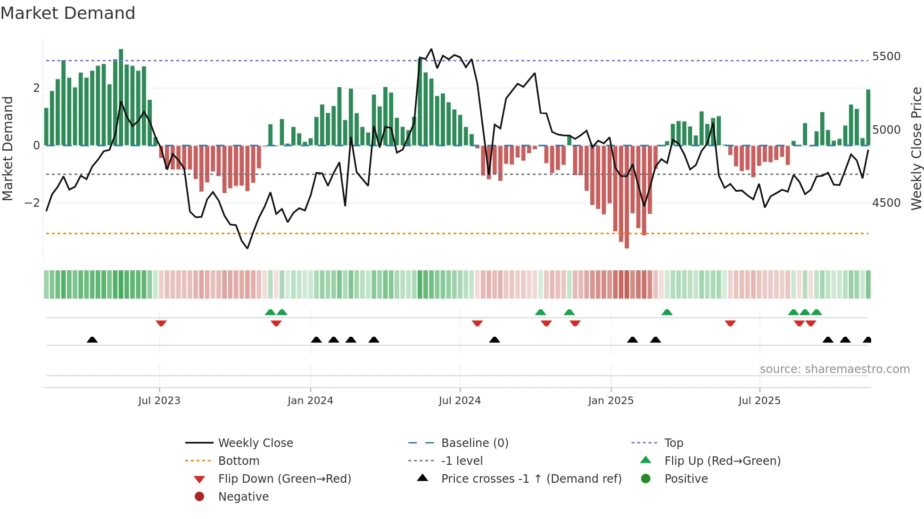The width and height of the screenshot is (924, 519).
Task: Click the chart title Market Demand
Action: pyautogui.click(x=68, y=13)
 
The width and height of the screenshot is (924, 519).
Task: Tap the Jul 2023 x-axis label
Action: pyautogui.click(x=159, y=400)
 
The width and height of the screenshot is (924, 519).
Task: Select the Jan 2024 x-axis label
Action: pyautogui.click(x=310, y=400)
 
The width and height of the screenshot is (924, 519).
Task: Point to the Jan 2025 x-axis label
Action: pyautogui.click(x=610, y=400)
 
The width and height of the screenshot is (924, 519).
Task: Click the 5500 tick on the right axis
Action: pyautogui.click(x=886, y=57)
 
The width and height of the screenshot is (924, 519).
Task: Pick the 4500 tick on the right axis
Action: pyautogui.click(x=886, y=203)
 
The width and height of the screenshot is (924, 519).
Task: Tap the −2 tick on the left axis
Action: pyautogui.click(x=32, y=203)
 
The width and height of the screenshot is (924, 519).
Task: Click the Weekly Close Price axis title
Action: pyautogui.click(x=916, y=148)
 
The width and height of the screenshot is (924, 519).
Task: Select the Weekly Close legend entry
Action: pyautogui.click(x=255, y=443)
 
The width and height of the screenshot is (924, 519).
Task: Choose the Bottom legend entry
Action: pyautogui.click(x=239, y=461)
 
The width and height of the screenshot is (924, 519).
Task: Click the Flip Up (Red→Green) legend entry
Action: pyautogui.click(x=722, y=461)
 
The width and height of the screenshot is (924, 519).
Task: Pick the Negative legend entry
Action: pyautogui.click(x=243, y=496)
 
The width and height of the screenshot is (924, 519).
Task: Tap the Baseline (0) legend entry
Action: pyautogui.click(x=474, y=443)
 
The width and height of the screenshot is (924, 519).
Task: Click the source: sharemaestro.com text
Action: pyautogui.click(x=834, y=369)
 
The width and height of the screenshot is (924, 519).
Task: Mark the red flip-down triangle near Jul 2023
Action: pyautogui.click(x=161, y=323)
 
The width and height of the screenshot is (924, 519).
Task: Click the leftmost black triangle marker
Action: pyautogui.click(x=92, y=340)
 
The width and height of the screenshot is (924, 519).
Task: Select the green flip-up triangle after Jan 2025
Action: pyautogui.click(x=667, y=312)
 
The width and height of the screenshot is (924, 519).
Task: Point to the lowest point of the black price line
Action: pyautogui.click(x=247, y=248)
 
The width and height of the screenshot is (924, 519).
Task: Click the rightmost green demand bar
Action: pyautogui.click(x=868, y=118)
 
